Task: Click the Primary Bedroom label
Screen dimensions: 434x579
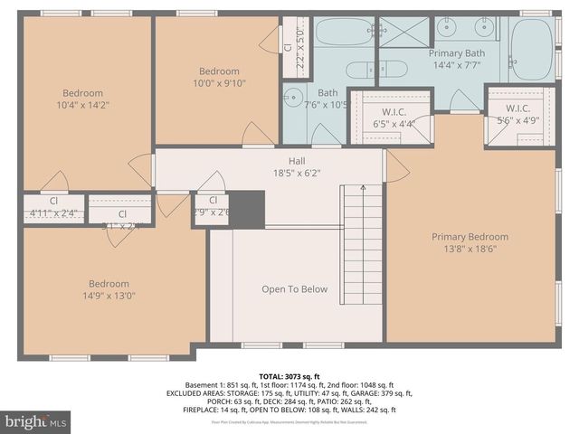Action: pos(464,237)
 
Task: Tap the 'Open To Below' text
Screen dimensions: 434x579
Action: pos(295,289)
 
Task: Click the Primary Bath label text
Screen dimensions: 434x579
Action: pos(457,53)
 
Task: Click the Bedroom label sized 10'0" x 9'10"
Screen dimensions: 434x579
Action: pos(219,77)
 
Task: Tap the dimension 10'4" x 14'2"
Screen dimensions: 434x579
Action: pos(82,104)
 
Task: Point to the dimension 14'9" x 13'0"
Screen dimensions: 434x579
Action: pos(109,295)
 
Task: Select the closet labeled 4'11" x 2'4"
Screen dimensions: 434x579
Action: pos(53,208)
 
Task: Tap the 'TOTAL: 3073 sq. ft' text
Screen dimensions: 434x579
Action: pos(289,374)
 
